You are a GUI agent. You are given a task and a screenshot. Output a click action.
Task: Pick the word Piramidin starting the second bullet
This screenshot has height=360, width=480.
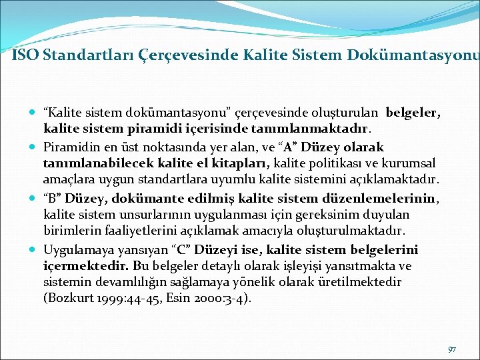point(69,146)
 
